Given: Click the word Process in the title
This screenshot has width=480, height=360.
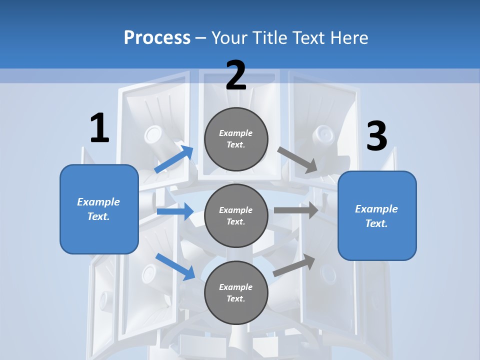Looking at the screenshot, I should click(x=157, y=38).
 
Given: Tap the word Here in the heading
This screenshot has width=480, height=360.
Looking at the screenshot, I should click(x=348, y=38).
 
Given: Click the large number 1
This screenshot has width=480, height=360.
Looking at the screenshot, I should click(x=99, y=128).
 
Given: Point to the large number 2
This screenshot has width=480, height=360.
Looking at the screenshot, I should click(x=236, y=75).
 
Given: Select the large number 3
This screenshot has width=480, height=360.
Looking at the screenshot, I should click(x=376, y=136).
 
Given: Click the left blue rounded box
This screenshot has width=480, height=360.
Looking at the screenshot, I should click(x=99, y=209).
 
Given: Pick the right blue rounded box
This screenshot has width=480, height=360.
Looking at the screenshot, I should click(x=377, y=216).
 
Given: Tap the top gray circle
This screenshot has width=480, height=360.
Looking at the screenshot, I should click(x=236, y=139).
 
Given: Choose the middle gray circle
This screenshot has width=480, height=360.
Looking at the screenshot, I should click(x=236, y=215).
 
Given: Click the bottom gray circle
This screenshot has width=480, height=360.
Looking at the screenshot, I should click(x=236, y=292).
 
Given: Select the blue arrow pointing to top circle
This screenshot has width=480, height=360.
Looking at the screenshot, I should click(x=174, y=159).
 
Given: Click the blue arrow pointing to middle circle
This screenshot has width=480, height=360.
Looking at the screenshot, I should click(x=175, y=211).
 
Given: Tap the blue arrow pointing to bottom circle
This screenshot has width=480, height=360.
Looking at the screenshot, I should click(x=175, y=266).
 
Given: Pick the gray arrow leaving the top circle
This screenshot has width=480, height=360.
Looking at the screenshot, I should click(x=298, y=160).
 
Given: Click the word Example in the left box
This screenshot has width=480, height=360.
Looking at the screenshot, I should click(x=98, y=202).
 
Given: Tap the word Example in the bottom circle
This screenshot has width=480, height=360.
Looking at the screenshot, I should click(x=236, y=287).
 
